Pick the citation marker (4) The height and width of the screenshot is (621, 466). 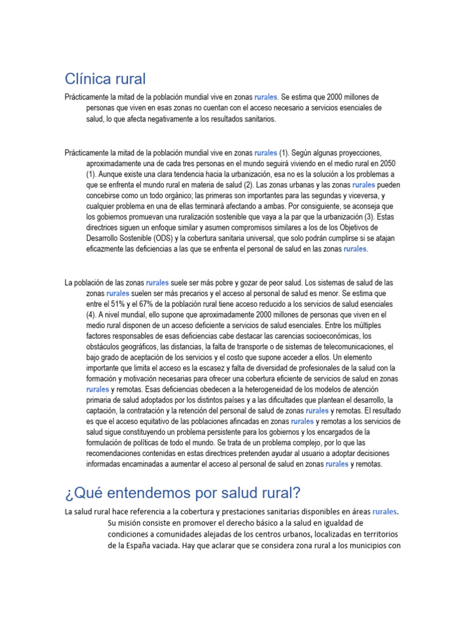91,315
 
